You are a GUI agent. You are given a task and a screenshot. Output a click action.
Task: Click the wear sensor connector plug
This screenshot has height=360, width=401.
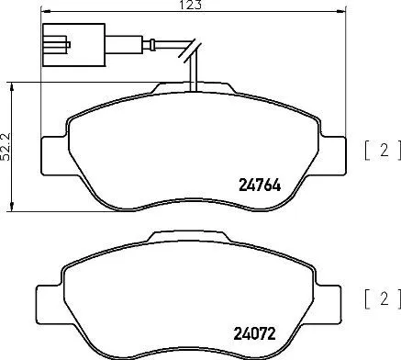[57, 44]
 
